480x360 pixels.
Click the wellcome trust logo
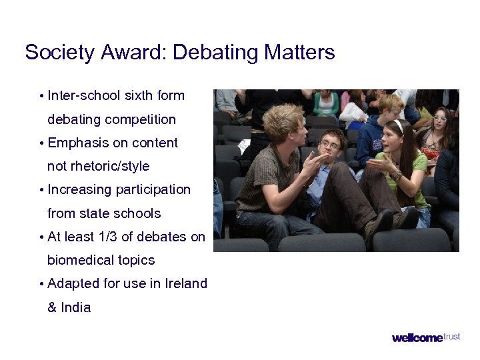(x=425, y=337)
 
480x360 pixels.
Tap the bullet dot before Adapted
(x=42, y=284)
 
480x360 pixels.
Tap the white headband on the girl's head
(x=399, y=126)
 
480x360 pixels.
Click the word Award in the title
(x=136, y=52)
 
